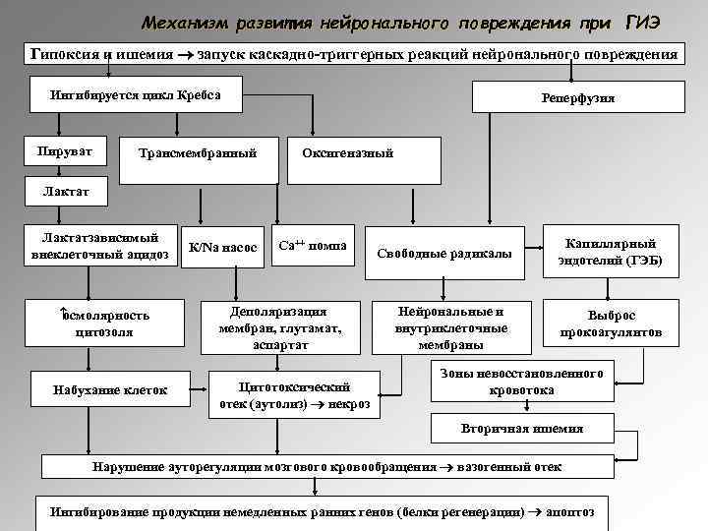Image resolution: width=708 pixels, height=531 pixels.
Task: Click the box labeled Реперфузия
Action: click(578, 98)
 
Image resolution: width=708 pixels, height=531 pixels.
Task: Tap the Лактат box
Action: click(66, 193)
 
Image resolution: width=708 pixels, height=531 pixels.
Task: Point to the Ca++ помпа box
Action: click(313, 246)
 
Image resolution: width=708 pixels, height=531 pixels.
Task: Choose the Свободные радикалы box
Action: click(444, 254)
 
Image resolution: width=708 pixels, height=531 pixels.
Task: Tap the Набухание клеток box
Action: click(109, 390)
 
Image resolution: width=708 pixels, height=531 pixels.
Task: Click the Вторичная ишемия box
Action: click(521, 429)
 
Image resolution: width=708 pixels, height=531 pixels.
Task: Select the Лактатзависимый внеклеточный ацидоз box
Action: click(99, 246)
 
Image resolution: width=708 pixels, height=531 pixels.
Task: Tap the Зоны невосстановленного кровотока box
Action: click(521, 382)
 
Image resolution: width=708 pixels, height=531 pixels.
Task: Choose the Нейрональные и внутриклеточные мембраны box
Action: click(450, 327)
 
